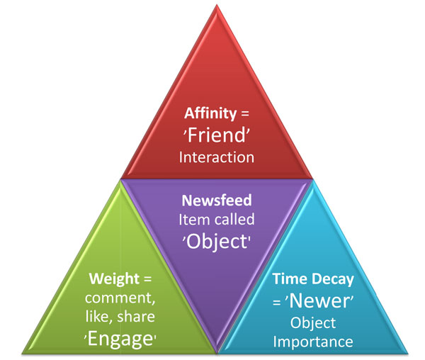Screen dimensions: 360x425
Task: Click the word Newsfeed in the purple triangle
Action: tap(215, 201)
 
